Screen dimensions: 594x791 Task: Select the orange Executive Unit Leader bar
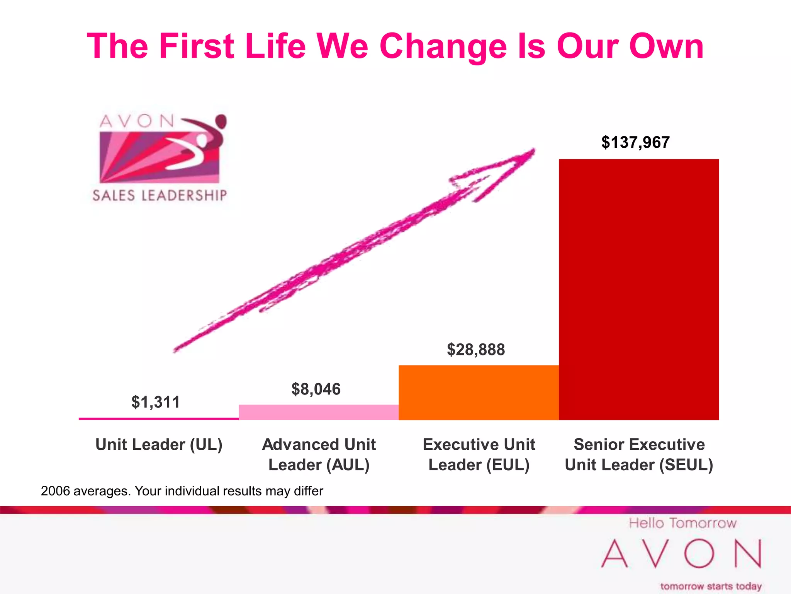(x=479, y=392)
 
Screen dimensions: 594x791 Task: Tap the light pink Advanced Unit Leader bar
(x=319, y=412)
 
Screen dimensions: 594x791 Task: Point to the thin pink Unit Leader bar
(x=159, y=418)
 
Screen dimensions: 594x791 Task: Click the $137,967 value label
(x=635, y=142)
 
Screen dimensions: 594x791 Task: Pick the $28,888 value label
(x=476, y=350)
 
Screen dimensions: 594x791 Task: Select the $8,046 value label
(x=316, y=389)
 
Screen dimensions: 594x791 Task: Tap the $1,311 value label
(x=156, y=402)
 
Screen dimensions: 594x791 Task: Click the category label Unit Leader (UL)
(x=159, y=445)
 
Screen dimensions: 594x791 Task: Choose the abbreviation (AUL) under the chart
(x=348, y=465)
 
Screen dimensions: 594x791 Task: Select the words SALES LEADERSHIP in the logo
(x=160, y=195)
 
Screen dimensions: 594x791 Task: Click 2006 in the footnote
(x=55, y=491)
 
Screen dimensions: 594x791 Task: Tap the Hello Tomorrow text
(x=682, y=523)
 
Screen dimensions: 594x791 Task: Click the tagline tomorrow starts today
(x=711, y=586)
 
